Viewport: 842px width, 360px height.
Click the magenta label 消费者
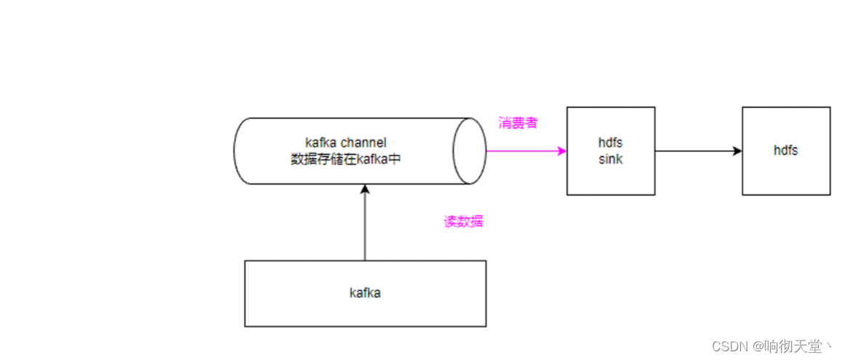[518, 123]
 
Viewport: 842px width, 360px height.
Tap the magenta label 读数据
[463, 222]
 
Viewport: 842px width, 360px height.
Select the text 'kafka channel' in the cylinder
[345, 143]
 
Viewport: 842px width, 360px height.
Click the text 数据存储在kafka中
[345, 159]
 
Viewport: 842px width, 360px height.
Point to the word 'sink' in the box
[611, 159]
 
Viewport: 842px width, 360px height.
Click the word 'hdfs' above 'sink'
[611, 143]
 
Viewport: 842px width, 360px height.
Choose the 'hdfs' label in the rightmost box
[786, 151]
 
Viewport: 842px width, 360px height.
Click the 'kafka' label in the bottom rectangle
[365, 293]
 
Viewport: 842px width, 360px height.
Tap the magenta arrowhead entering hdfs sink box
[562, 151]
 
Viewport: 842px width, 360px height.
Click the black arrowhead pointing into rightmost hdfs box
[737, 151]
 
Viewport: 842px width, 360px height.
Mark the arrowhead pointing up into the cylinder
[365, 190]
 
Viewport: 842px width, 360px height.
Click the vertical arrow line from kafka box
[365, 225]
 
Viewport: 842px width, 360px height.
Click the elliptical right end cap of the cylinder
[470, 151]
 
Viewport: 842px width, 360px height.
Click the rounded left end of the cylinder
[240, 151]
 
